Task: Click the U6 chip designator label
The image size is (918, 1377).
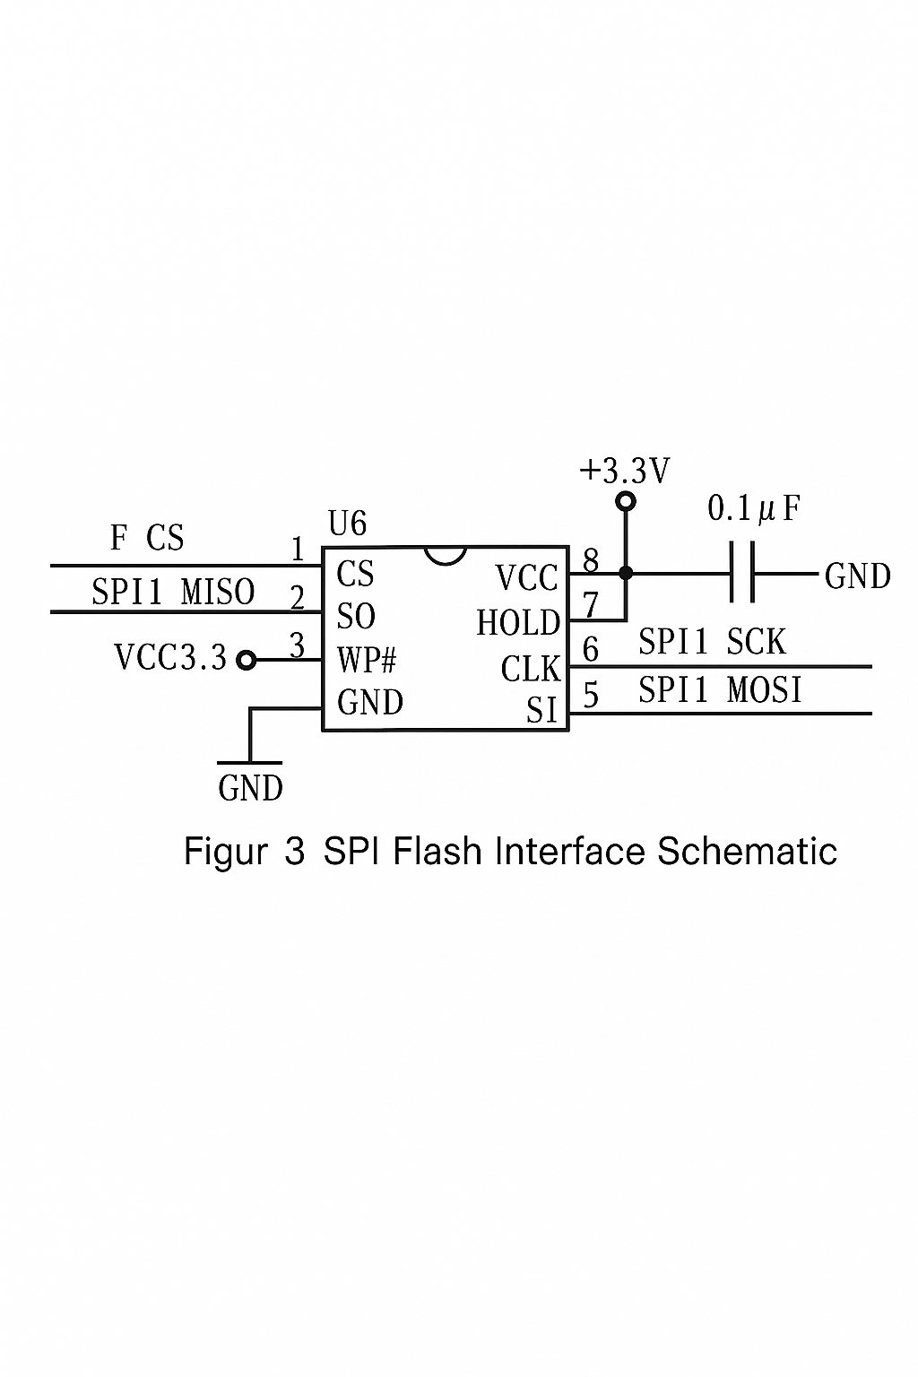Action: (347, 524)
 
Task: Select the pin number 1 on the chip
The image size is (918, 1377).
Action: (299, 550)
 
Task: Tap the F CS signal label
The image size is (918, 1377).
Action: (147, 538)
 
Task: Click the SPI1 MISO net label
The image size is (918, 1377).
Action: (173, 593)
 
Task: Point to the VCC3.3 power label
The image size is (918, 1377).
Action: (170, 658)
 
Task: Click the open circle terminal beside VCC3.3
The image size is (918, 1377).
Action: (246, 661)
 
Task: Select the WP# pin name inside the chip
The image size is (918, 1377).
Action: (367, 660)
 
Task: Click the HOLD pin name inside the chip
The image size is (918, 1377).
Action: (518, 623)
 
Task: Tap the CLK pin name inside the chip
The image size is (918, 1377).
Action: (530, 669)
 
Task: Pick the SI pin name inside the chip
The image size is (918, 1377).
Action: (541, 711)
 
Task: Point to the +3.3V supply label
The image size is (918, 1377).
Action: (625, 472)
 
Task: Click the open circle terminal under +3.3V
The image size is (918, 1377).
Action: (626, 501)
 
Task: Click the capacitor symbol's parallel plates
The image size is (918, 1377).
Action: (743, 572)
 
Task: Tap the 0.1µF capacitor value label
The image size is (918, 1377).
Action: (753, 509)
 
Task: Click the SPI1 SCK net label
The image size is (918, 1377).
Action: (712, 642)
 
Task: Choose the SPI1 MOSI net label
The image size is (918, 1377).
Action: (720, 689)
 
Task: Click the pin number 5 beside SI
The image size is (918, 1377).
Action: (591, 695)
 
